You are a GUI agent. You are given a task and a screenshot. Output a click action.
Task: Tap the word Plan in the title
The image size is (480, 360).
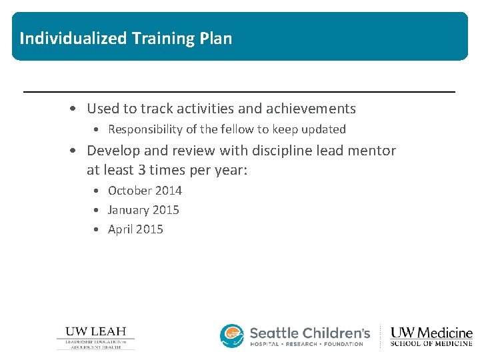coord(215,38)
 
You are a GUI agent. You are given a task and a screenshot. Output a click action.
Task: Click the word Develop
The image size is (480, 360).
coord(113,151)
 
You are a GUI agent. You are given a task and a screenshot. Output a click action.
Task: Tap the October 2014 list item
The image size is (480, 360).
coord(145,191)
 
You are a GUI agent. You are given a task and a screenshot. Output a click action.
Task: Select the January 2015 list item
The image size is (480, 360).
coord(143,210)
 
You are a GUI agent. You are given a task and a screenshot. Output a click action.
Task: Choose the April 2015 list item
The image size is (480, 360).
coord(135,229)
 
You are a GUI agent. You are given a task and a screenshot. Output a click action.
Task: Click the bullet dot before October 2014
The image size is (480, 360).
coord(97,191)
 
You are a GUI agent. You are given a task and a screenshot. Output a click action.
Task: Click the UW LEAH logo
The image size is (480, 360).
coord(95,337)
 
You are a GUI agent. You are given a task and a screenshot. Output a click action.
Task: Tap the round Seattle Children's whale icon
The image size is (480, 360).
coord(232,336)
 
